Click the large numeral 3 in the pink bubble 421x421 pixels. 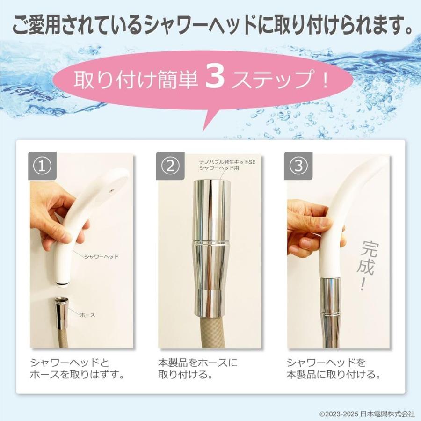point(216,80)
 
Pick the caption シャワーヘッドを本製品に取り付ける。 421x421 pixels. point(333,369)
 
